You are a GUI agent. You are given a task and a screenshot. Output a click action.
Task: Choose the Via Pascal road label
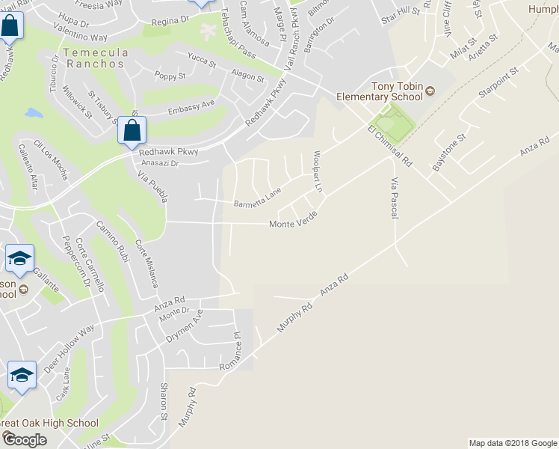[395, 198]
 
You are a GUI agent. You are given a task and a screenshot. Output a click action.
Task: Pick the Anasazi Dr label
[160, 162]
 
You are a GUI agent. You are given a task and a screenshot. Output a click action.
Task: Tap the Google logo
[24, 439]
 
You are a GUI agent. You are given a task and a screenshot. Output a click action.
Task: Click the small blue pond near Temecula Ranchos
[34, 114]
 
